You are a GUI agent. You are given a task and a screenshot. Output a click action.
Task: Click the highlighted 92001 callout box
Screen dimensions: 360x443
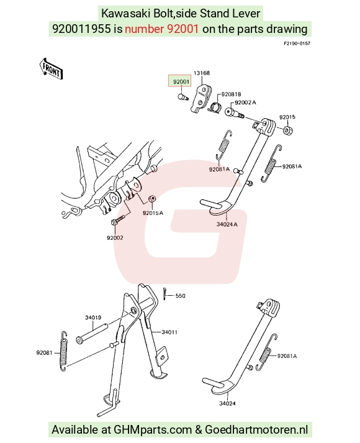tap(179, 81)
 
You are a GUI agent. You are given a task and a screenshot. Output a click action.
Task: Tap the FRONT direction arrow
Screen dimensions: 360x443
tap(51, 68)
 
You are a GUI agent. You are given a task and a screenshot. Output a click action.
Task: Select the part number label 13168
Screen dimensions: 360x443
tap(202, 73)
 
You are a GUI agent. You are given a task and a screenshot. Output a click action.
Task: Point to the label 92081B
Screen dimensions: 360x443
tap(231, 94)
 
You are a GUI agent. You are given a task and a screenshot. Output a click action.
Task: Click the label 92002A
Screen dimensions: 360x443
tap(245, 103)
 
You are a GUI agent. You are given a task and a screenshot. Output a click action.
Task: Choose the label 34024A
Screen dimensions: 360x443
tap(227, 224)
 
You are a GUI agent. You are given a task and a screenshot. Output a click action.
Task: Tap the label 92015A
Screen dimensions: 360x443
tap(153, 212)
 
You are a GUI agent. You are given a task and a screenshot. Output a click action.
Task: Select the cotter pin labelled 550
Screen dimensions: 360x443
tap(164, 293)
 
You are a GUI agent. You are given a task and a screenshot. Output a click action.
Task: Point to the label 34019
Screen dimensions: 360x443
tap(93, 317)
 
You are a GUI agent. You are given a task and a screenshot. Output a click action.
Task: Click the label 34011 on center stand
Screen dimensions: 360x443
tap(169, 332)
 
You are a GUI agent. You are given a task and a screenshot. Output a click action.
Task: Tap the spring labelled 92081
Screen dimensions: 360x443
tap(64, 350)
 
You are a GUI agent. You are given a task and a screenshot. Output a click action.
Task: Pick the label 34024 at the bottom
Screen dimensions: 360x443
tap(227, 403)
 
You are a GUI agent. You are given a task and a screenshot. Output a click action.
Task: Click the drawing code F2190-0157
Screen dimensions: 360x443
tap(297, 43)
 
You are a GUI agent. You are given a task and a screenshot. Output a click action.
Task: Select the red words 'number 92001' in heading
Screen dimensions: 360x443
tap(161, 29)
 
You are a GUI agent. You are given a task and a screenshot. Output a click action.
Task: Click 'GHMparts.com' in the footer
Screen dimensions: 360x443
tap(152, 430)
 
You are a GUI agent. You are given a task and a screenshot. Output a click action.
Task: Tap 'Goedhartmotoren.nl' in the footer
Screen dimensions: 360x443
tap(256, 430)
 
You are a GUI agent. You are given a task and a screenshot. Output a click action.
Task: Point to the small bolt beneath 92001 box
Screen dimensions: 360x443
tap(182, 97)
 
